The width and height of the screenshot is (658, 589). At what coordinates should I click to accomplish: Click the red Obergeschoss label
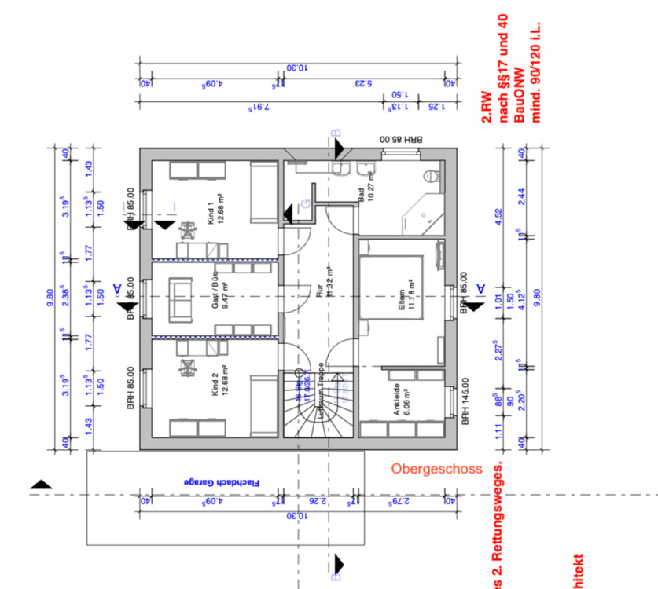click(436, 469)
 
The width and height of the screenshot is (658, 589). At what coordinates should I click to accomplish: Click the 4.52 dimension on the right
click(497, 215)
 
